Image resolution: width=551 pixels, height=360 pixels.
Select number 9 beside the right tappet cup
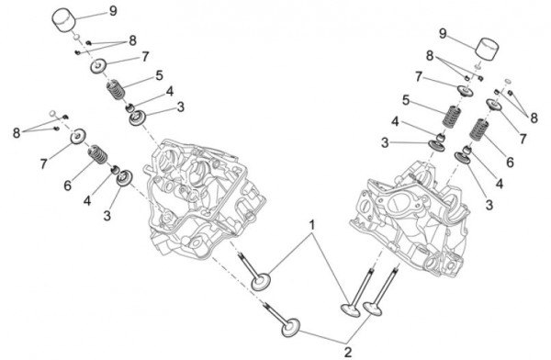tap(442, 34)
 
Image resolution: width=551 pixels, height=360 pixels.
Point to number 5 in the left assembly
tap(158, 75)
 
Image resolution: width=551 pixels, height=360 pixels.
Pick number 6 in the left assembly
tap(68, 186)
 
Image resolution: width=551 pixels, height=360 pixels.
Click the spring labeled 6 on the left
tap(96, 160)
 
